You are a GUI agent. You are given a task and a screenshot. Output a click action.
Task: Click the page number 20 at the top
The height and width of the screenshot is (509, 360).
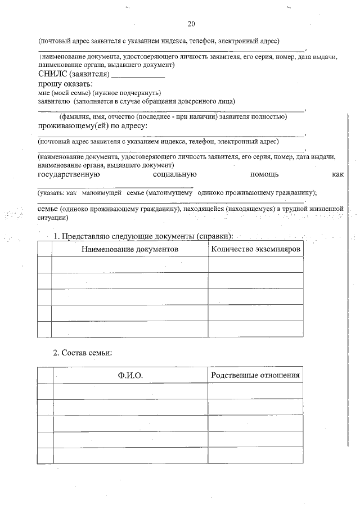point(191,24)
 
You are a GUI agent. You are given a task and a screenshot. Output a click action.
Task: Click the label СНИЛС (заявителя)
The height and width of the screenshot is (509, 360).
point(73,73)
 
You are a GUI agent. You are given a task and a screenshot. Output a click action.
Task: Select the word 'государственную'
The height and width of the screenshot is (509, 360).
point(69,175)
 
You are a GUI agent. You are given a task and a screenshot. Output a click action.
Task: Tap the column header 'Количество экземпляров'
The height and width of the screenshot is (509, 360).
point(255,249)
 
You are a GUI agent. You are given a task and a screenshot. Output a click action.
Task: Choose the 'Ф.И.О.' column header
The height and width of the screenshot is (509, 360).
point(130,375)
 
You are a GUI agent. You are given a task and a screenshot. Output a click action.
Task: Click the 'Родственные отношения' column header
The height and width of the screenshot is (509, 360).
point(255,375)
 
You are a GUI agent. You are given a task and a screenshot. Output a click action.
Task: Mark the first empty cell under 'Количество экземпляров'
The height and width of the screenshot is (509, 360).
point(255,264)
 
